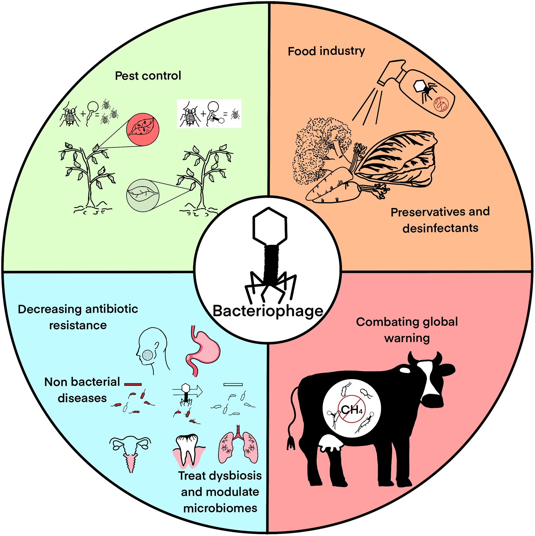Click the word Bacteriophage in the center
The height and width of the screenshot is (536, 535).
[x=268, y=311]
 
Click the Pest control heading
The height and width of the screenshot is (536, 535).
[x=148, y=76]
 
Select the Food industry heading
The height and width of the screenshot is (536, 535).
[x=326, y=51]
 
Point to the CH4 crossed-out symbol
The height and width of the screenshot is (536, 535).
[x=351, y=409]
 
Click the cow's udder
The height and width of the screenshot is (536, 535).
[x=331, y=443]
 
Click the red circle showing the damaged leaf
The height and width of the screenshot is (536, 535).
[x=143, y=129]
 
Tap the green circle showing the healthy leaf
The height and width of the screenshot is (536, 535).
[x=143, y=195]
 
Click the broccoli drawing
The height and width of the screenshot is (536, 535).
[x=319, y=148]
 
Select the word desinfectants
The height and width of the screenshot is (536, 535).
[x=440, y=228]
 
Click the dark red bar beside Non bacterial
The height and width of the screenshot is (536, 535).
[x=133, y=384]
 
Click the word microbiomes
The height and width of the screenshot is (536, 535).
[x=220, y=508]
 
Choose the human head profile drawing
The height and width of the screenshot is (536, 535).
[x=152, y=350]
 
